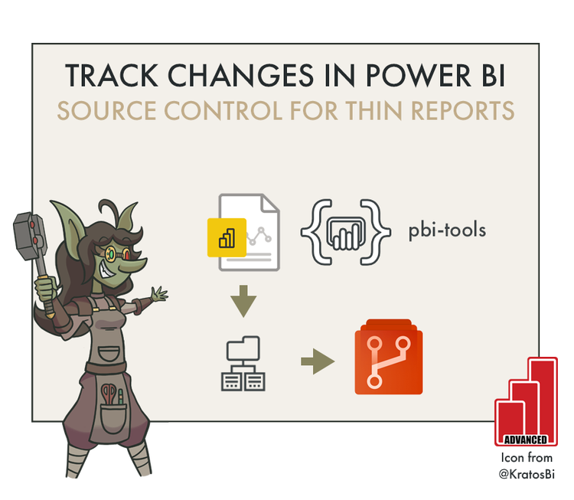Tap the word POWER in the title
tap(390, 76)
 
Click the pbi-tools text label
tap(447, 230)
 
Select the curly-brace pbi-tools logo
tap(341, 229)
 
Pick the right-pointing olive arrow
tap(318, 361)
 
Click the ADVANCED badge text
tap(525, 440)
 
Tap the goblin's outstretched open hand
tap(158, 293)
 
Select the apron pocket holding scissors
tap(112, 403)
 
